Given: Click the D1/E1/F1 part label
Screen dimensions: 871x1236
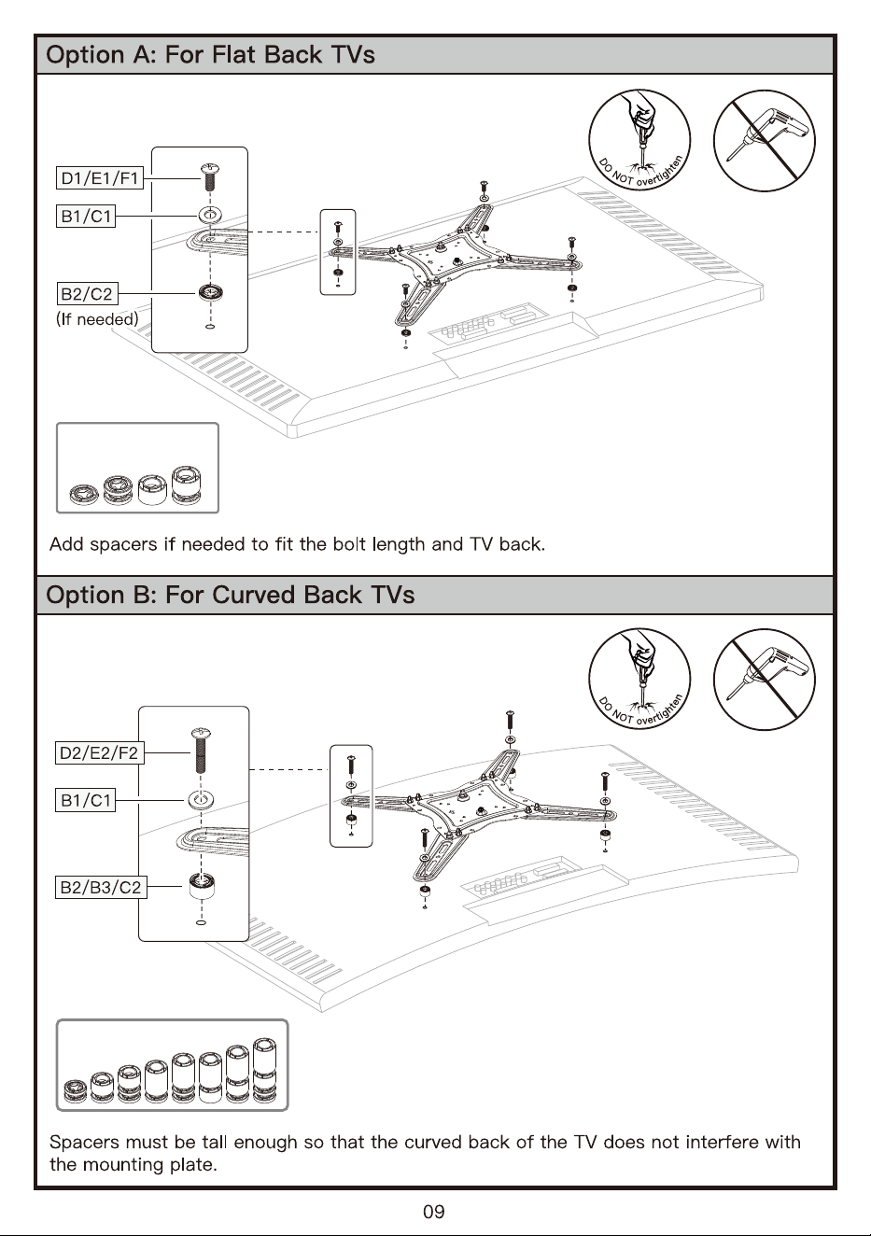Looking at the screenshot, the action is [x=99, y=178].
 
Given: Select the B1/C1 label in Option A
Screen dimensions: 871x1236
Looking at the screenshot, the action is [x=86, y=216].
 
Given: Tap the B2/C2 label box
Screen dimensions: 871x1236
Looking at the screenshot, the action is [x=87, y=293].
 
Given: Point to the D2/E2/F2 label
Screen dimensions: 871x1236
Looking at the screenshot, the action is [x=99, y=752].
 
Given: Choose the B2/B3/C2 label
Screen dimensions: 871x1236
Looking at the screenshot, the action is [x=101, y=887].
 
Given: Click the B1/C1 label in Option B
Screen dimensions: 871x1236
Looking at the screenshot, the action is [x=86, y=799].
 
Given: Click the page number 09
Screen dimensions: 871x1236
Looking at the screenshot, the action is [x=434, y=1212].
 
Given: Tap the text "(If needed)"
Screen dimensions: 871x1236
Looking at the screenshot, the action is [x=97, y=319].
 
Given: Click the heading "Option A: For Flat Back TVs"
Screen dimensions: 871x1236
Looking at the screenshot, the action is [x=210, y=55].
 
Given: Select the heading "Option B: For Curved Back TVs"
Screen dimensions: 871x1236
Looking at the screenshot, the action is [x=231, y=595].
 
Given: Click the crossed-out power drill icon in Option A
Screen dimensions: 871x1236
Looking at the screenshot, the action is [x=765, y=141].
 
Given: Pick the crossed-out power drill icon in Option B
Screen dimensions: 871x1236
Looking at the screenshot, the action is [x=765, y=680].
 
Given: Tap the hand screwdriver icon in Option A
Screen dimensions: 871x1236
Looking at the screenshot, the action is [x=639, y=141].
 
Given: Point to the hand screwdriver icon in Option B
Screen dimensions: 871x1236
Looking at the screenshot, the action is [x=639, y=680].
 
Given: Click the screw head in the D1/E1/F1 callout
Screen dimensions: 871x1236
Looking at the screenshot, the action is [x=209, y=168].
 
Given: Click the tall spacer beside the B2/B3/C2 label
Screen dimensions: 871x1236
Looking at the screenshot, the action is [x=202, y=887].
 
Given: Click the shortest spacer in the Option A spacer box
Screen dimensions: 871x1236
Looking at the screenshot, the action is [x=84, y=495].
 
